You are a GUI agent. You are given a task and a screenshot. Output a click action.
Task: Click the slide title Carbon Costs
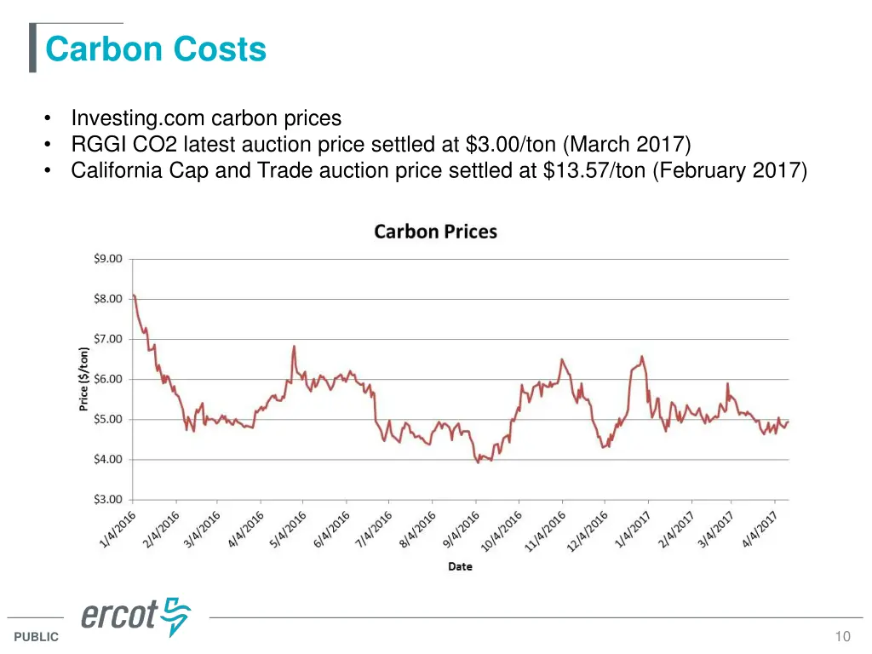(x=156, y=49)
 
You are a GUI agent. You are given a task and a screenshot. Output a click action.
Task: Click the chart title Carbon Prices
(x=435, y=232)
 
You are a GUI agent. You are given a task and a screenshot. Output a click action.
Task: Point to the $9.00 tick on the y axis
(x=108, y=259)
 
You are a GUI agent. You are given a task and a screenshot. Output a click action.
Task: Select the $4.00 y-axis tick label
(x=108, y=460)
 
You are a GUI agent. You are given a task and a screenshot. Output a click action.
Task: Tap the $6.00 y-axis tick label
(x=108, y=380)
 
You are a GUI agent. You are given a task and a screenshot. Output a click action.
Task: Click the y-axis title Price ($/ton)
(x=84, y=379)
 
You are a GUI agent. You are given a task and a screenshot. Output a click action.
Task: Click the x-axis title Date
(x=460, y=566)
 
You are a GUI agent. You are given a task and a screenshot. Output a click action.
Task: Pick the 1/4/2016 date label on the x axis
(x=117, y=530)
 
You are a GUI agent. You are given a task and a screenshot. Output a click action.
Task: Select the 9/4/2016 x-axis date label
(x=462, y=530)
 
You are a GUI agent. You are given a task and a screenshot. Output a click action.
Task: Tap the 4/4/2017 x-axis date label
(x=764, y=530)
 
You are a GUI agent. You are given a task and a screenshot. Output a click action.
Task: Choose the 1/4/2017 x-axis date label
(x=634, y=530)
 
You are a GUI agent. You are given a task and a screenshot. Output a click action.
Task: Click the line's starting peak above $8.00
(x=134, y=295)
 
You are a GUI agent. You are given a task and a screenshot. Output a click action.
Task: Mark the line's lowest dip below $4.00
(x=478, y=462)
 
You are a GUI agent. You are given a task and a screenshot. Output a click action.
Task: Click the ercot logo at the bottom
(x=136, y=616)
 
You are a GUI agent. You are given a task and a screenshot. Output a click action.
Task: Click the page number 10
(x=843, y=637)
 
